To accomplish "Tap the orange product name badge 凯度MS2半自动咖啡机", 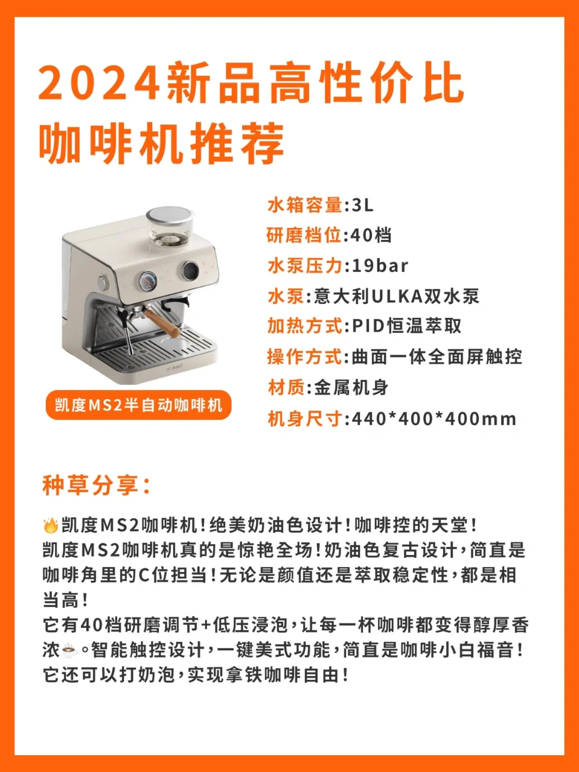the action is tap(138, 405).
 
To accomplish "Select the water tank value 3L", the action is tap(362, 204).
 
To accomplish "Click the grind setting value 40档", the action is tap(371, 235).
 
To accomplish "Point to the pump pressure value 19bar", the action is tap(380, 265).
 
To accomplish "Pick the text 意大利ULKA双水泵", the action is tap(396, 296).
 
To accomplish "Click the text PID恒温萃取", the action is tap(406, 326).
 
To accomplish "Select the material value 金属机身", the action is tap(351, 388).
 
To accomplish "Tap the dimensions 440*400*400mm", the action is tap(434, 419).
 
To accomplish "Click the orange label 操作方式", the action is tap(305, 357).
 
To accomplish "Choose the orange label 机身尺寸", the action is tap(305, 419).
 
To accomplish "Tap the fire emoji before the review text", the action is tap(51, 525).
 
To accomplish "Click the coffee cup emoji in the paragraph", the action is tap(69, 650).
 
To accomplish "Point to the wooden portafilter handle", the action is tap(162, 323).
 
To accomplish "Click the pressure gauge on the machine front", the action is tap(148, 282).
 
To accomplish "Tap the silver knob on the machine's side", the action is tap(103, 282).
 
